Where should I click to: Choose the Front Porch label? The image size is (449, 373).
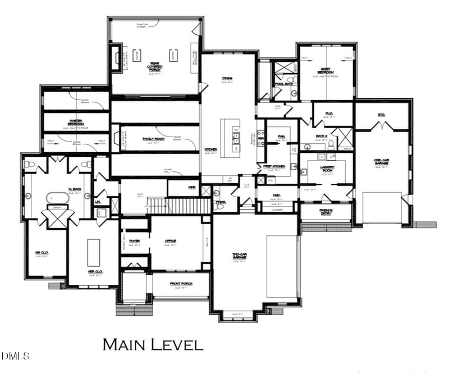pos(181,284)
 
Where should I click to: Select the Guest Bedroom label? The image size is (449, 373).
pos(326,71)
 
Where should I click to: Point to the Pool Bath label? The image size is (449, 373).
pos(284,84)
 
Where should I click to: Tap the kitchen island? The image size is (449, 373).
pos(230,138)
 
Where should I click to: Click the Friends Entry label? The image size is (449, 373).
pos(326,211)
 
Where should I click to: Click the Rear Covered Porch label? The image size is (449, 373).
pos(155,67)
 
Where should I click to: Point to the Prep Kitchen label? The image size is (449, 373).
pos(274,166)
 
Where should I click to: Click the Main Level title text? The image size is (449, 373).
pos(152,344)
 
